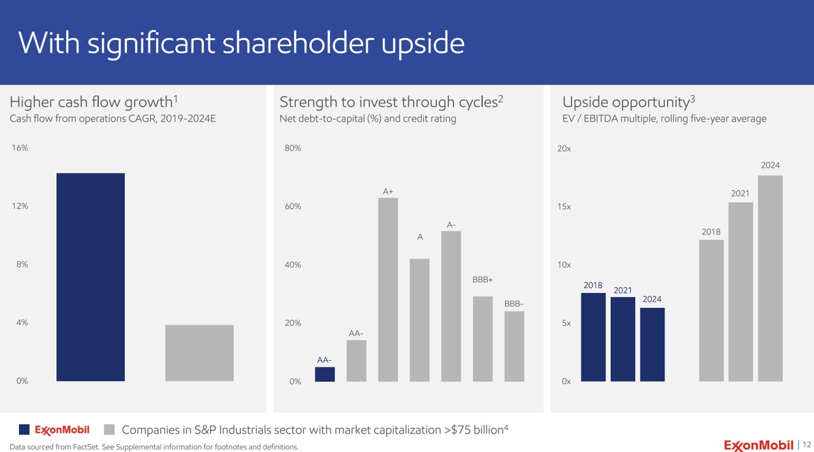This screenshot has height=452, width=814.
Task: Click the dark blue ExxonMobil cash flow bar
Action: (x=90, y=277)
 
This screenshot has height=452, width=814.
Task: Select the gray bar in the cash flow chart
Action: (x=199, y=353)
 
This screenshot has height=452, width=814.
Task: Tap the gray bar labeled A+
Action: (x=388, y=289)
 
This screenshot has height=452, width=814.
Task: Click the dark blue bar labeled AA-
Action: (x=325, y=374)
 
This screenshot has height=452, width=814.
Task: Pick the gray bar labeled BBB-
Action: (x=514, y=346)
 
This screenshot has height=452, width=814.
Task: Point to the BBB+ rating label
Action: (x=482, y=280)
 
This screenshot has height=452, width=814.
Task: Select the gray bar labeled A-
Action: (x=451, y=306)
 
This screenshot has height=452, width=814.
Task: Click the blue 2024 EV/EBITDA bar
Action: (x=652, y=345)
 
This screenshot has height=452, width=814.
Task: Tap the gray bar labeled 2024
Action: (x=770, y=278)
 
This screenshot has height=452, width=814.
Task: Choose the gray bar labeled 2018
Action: (x=711, y=311)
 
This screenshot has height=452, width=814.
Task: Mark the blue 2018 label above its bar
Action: (x=593, y=285)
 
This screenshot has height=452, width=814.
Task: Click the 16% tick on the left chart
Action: (x=20, y=148)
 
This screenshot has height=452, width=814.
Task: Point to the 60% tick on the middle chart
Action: (x=293, y=206)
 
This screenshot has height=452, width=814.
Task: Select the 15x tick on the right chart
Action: (x=564, y=206)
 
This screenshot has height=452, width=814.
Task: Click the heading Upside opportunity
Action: (x=626, y=102)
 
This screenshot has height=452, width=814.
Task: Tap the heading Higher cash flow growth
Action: (x=91, y=102)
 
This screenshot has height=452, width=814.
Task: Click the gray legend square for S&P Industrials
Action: (x=109, y=430)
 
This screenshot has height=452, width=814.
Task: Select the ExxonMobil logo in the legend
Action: (x=62, y=430)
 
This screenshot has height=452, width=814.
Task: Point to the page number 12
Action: (x=806, y=444)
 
